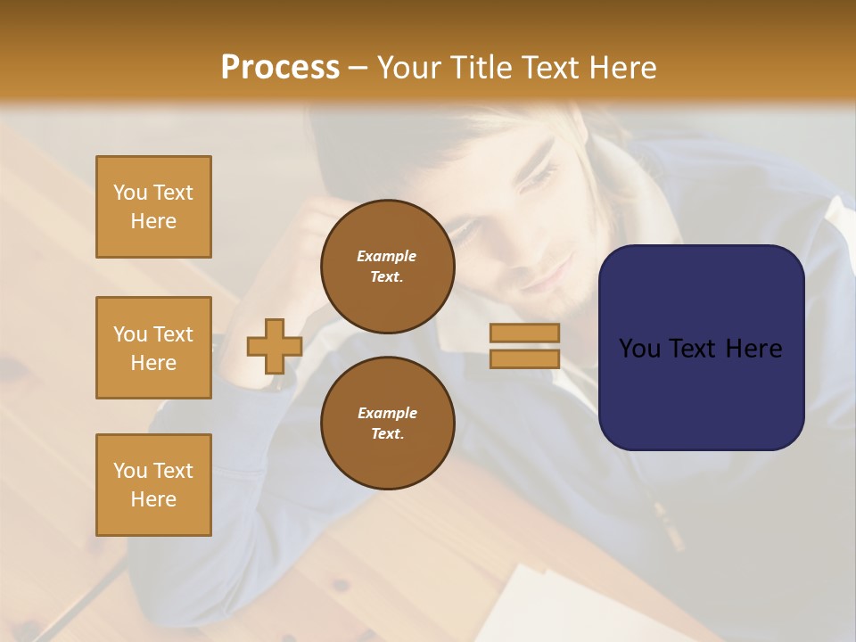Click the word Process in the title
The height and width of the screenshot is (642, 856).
280,68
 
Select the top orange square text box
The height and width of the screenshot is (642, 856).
153,207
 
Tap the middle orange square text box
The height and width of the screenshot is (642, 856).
153,348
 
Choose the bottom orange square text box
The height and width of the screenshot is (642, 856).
153,485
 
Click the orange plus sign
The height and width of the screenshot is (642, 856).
275,346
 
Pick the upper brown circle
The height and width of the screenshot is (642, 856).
388,267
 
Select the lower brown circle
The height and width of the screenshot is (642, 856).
388,423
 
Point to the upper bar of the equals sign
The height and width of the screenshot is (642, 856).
524,333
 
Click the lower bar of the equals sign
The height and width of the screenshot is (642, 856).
524,358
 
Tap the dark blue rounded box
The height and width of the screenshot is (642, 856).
701,348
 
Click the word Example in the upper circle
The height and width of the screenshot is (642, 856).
387,257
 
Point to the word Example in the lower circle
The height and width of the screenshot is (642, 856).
387,413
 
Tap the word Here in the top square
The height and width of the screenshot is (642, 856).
153,221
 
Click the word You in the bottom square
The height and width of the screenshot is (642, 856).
130,471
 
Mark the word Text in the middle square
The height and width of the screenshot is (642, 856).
172,334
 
